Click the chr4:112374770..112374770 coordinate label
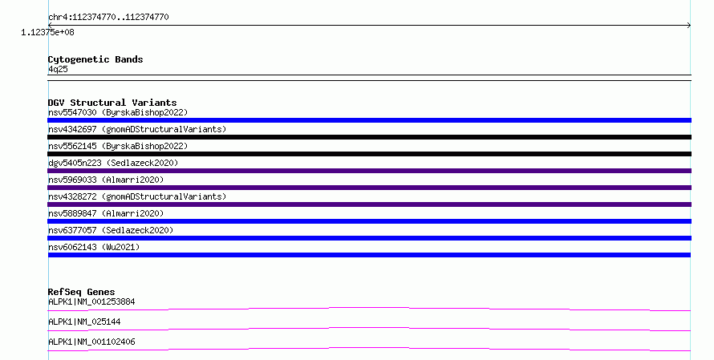pyautogui.click(x=108, y=18)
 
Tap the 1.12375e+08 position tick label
pyautogui.click(x=47, y=32)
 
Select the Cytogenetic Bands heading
pyautogui.click(x=95, y=59)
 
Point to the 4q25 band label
pyautogui.click(x=58, y=69)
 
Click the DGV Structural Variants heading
pyautogui.click(x=112, y=103)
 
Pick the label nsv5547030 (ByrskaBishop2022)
pyautogui.click(x=118, y=112)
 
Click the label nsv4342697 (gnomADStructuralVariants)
pyautogui.click(x=137, y=129)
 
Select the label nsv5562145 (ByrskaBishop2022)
pyautogui.click(x=118, y=146)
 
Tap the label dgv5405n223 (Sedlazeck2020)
pyautogui.click(x=113, y=163)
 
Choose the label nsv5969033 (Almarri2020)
pyautogui.click(x=106, y=180)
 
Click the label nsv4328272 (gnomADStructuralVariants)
pyautogui.click(x=137, y=196)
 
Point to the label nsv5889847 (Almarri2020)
pyautogui.click(x=106, y=213)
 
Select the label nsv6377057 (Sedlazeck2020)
pyautogui.click(x=111, y=230)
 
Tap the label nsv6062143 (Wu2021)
pyautogui.click(x=94, y=247)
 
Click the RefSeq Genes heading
pyautogui.click(x=82, y=292)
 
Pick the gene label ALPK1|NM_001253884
pyautogui.click(x=91, y=301)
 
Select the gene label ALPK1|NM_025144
pyautogui.click(x=84, y=322)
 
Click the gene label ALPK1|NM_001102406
pyautogui.click(x=91, y=342)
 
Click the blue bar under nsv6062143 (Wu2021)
pyautogui.click(x=369, y=255)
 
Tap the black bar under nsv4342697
pyautogui.click(x=369, y=137)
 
